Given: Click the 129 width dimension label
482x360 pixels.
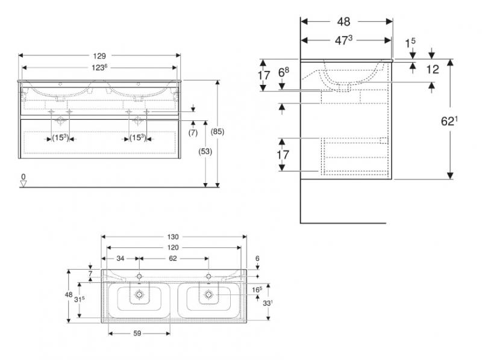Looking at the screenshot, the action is (x=99, y=56).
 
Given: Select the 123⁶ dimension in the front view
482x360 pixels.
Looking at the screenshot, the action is (x=99, y=67).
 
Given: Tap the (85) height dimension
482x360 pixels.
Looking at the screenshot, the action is (x=218, y=131).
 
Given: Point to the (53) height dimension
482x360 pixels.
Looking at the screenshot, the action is (x=205, y=152).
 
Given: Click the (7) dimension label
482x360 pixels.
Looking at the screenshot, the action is (x=193, y=132).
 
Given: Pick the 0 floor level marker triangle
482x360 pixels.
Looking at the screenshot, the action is (x=23, y=184).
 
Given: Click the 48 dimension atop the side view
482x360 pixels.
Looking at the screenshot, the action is (x=343, y=22).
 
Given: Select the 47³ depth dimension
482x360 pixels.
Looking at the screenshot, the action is (x=343, y=40).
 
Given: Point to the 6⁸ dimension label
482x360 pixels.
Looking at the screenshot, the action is (x=283, y=72).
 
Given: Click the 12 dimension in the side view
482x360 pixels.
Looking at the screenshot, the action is (x=432, y=69).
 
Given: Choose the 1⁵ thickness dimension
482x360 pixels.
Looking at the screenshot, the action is (x=410, y=42).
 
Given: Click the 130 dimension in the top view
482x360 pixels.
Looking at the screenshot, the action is (x=173, y=237).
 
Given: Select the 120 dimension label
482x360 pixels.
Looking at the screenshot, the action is (x=173, y=247).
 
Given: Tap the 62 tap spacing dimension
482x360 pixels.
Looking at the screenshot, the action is (x=173, y=259).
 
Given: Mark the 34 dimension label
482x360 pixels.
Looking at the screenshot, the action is (x=120, y=259).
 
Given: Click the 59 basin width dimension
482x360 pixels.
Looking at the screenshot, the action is (x=137, y=334).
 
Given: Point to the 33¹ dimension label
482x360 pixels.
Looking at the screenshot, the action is (x=268, y=303).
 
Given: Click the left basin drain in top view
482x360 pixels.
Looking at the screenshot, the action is (x=140, y=294).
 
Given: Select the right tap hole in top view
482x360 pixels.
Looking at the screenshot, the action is (x=208, y=276).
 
